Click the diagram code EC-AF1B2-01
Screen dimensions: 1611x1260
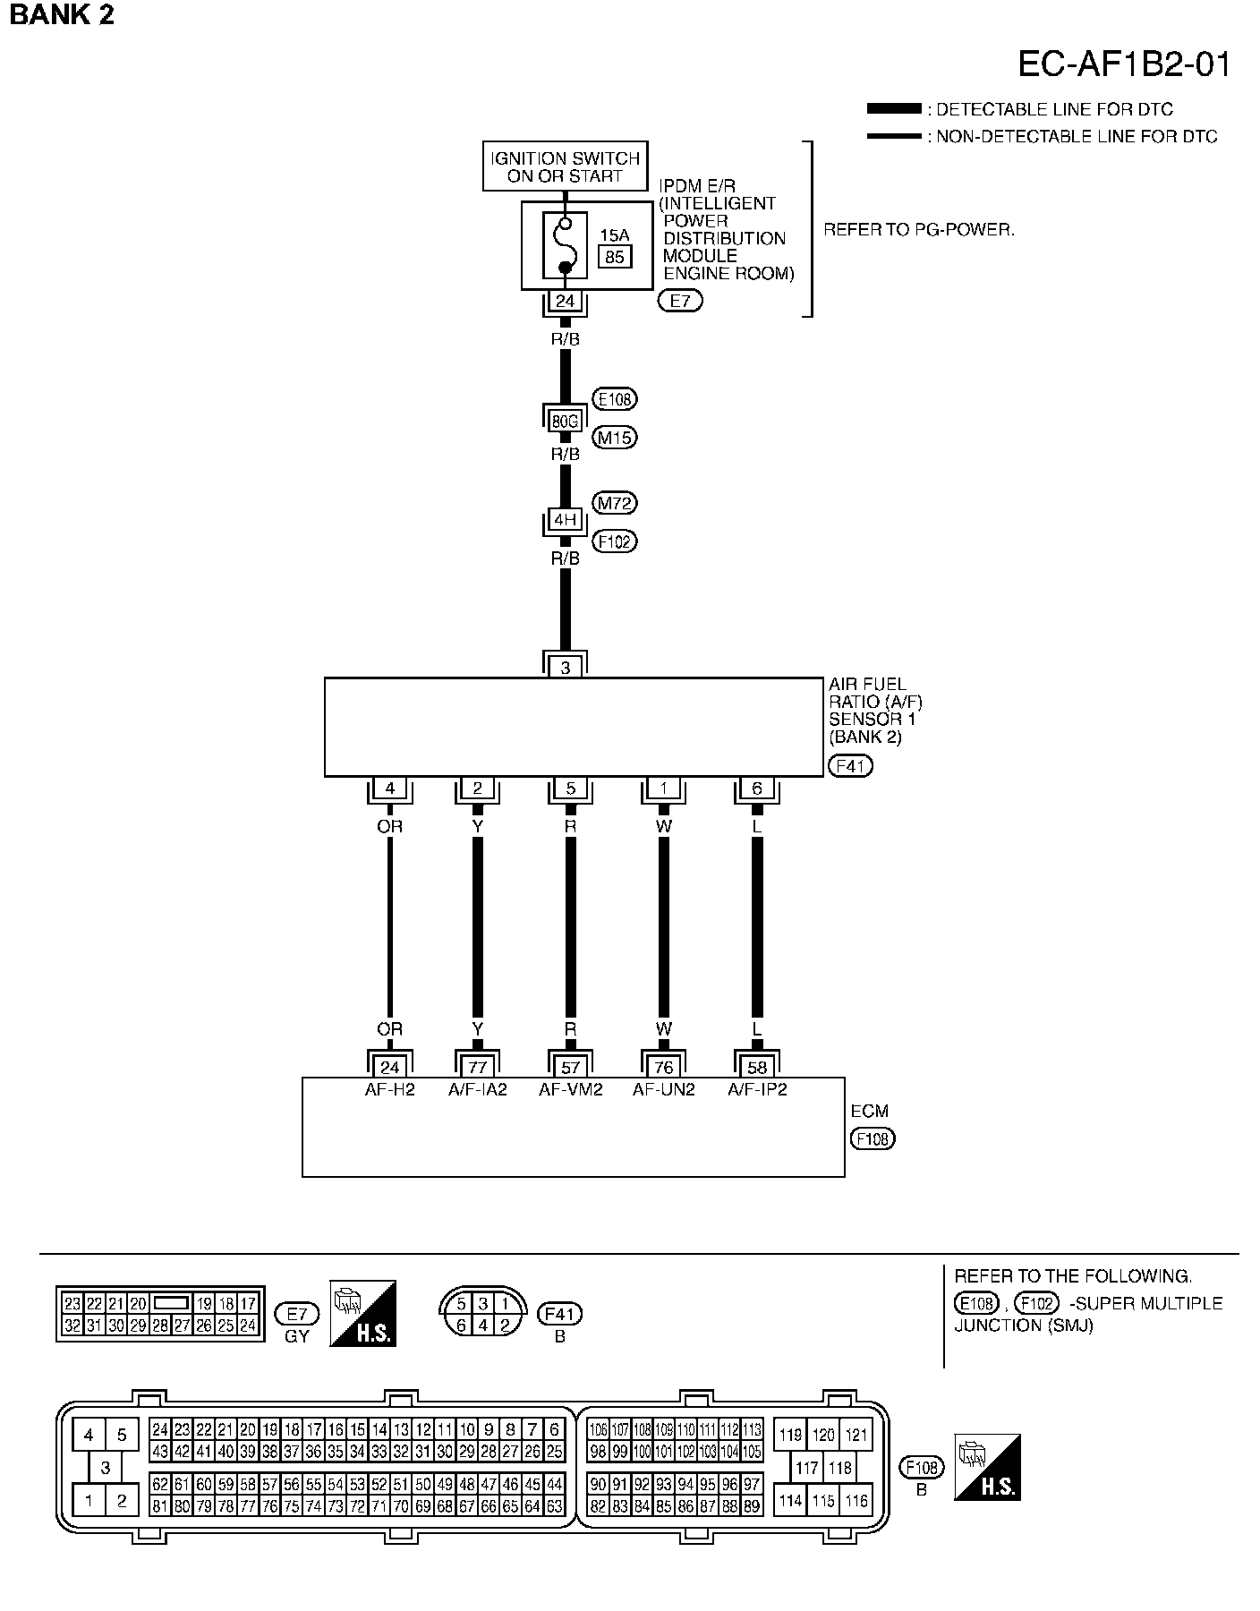tap(1123, 64)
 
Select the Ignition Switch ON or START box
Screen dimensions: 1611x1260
tap(565, 166)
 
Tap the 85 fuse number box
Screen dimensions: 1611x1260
tap(614, 257)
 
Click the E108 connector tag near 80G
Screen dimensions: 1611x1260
tap(615, 399)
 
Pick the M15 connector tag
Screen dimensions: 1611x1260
tap(615, 438)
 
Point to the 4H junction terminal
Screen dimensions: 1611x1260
tap(565, 520)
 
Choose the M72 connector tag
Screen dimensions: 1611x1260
tap(615, 504)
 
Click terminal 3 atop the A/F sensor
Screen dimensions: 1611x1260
tap(565, 667)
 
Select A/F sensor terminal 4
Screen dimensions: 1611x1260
tap(389, 788)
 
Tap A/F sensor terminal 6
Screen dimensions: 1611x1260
tap(757, 788)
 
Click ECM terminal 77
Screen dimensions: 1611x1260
tap(477, 1067)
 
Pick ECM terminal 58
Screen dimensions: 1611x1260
tap(757, 1067)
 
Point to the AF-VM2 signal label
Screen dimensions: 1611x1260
tap(570, 1090)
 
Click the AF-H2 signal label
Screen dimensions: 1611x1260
tap(389, 1090)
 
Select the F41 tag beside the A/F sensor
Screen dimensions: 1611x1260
tap(850, 766)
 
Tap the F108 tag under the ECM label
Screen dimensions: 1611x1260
tap(873, 1139)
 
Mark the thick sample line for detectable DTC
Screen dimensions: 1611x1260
tap(893, 109)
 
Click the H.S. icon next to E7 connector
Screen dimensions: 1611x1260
tap(362, 1313)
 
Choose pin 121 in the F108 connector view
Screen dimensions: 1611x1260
tap(856, 1435)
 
